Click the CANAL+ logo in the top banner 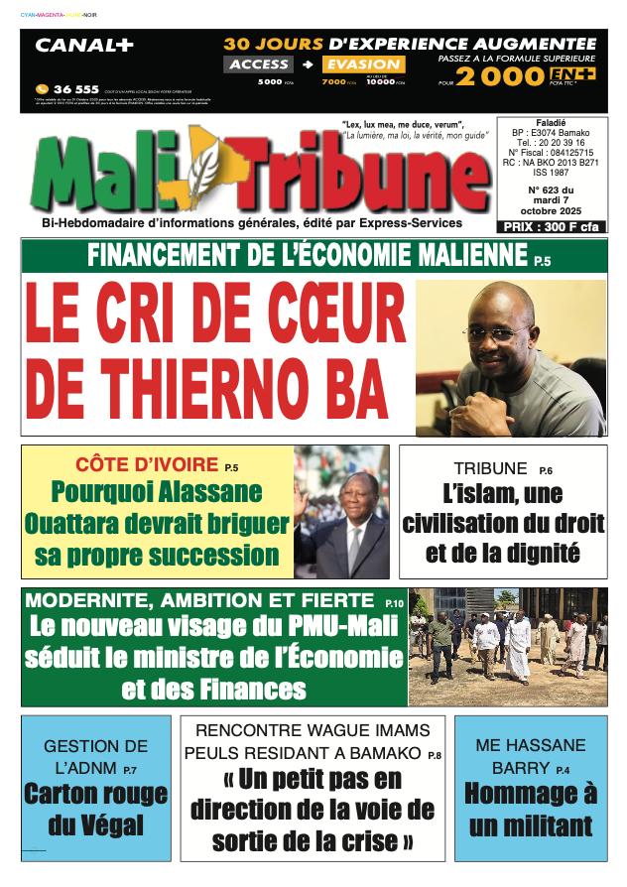point(84,46)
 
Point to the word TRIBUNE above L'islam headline point(490,468)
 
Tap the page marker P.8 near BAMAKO point(435,756)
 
